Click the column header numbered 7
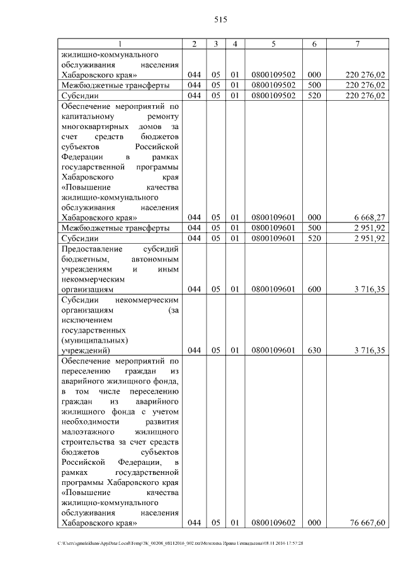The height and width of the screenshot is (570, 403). [x=357, y=44]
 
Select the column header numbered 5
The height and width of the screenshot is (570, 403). [x=273, y=44]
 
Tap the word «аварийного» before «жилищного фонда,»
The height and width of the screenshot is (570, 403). [x=86, y=381]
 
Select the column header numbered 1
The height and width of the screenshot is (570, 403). [x=120, y=44]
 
